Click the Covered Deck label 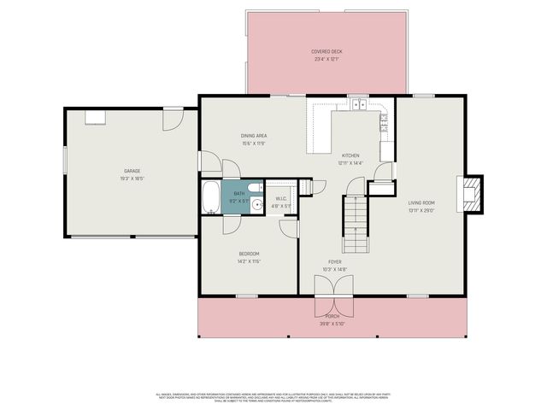tap(326, 52)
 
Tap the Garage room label tap(131, 171)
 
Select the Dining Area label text tap(253, 136)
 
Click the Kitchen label tap(350, 155)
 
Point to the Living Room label tap(422, 202)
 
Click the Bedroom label tap(249, 254)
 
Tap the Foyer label tap(335, 262)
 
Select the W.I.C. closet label tap(281, 199)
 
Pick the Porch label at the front tap(332, 316)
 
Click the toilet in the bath tap(255, 187)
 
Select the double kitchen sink tap(358, 105)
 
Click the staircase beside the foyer tap(355, 223)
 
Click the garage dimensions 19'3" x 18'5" tap(131, 179)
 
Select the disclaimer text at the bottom tap(273, 398)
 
